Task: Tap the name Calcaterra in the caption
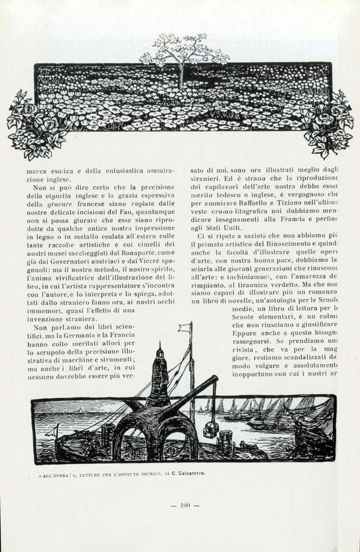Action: pos(188,473)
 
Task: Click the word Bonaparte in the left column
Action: pos(139,253)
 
